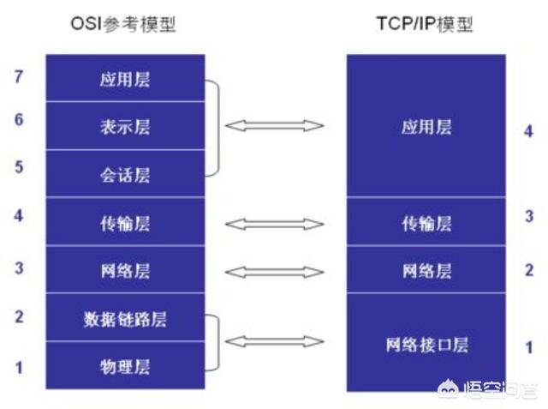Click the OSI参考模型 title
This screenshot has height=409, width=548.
(x=123, y=24)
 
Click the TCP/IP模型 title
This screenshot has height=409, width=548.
(x=425, y=24)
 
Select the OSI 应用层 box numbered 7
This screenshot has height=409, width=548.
(x=125, y=78)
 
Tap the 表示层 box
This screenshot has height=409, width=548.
(x=125, y=126)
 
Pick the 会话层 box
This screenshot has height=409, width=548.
(x=125, y=174)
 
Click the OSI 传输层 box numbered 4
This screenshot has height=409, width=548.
(x=125, y=222)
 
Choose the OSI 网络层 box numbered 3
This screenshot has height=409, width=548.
(x=125, y=270)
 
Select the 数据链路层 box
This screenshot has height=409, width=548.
(x=125, y=318)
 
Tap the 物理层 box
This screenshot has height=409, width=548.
(x=125, y=365)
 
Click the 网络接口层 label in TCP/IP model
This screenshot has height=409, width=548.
(x=426, y=345)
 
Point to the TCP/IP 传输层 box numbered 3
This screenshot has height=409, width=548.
(x=426, y=222)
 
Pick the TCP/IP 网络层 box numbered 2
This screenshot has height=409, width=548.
(x=426, y=270)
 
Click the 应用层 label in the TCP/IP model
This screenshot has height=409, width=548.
(x=426, y=127)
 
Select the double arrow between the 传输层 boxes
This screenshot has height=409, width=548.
(x=275, y=224)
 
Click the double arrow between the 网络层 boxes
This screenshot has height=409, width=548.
(x=275, y=272)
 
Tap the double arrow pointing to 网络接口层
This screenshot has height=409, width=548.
(x=275, y=341)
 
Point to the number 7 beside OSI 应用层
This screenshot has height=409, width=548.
(x=19, y=76)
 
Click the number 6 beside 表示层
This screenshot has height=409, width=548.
(x=19, y=120)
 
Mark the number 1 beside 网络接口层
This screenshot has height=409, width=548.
(x=529, y=347)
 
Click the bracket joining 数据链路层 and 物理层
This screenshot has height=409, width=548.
(x=219, y=342)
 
